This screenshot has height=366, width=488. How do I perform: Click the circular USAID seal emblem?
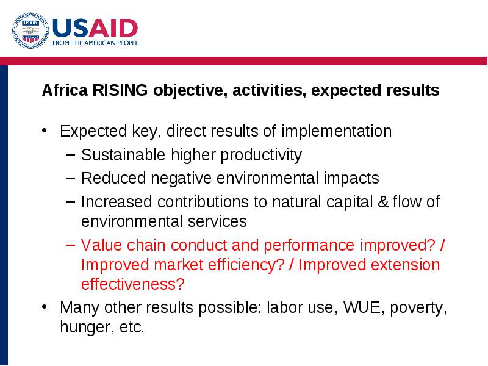(30, 30)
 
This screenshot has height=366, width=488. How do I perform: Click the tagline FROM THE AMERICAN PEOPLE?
(96, 43)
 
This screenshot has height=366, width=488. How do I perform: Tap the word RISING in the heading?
(120, 90)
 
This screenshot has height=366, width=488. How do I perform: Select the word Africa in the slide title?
(65, 90)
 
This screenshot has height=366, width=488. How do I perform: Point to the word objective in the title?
(190, 91)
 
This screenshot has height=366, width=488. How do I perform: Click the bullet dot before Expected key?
(44, 131)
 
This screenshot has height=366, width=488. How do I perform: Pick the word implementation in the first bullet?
(337, 131)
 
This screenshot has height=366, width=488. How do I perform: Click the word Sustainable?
(123, 155)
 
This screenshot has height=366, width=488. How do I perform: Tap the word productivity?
(261, 156)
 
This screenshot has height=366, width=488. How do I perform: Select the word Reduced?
(113, 178)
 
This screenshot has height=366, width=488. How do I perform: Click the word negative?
(181, 179)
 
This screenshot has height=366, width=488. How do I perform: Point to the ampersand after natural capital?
(383, 202)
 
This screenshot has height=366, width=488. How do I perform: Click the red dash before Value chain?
(71, 245)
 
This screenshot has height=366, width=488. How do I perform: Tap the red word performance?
(309, 246)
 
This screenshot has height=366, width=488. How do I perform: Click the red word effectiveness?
(133, 284)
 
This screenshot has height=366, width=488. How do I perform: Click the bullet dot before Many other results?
(44, 307)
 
